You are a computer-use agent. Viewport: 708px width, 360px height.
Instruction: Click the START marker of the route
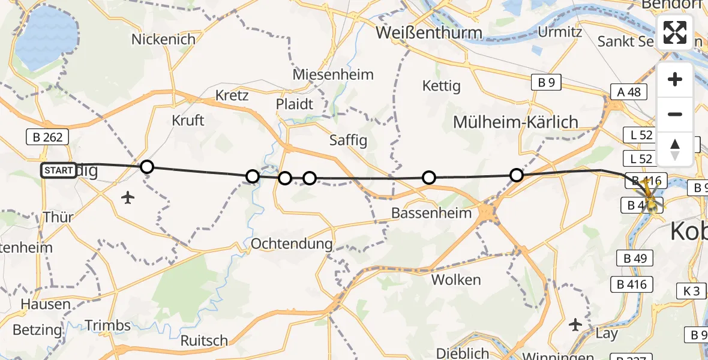(58, 170)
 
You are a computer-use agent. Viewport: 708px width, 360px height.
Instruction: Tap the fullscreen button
(675, 32)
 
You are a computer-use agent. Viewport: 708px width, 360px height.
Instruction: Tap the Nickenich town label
(163, 40)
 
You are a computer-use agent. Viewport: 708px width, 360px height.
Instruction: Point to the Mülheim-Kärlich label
(515, 122)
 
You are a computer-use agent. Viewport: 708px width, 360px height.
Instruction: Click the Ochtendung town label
(292, 244)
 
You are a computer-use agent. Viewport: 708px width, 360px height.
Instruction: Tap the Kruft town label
(188, 120)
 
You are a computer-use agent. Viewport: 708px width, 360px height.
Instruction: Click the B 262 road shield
(44, 137)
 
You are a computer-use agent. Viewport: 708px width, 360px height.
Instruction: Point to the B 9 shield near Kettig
(546, 83)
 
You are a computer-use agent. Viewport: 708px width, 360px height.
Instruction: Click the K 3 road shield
(692, 291)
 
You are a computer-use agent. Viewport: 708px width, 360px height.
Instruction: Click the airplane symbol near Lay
(575, 325)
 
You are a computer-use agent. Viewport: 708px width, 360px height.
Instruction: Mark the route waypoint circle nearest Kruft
(147, 167)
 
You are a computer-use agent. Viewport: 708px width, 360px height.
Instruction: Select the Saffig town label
(349, 140)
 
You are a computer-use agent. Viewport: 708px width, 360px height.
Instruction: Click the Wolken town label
(456, 280)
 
